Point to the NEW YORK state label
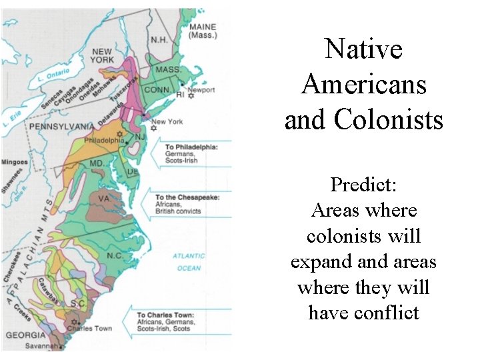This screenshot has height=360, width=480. click(102, 56)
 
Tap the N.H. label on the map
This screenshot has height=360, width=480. click(159, 39)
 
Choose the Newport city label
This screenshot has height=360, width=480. click(201, 89)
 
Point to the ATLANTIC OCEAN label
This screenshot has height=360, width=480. click(189, 262)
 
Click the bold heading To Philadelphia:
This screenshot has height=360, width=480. click(191, 147)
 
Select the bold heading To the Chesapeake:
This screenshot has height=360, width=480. click(187, 197)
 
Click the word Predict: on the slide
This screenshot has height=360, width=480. click(363, 184)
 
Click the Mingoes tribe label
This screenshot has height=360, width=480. click(15, 161)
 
